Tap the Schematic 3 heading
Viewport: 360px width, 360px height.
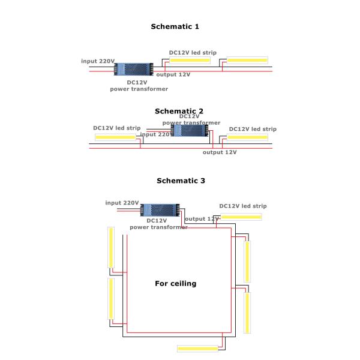click(180, 180)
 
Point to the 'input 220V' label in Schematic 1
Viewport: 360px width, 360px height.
click(98, 61)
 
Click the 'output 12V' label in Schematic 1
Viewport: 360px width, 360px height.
click(173, 74)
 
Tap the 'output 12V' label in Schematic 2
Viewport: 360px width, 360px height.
click(220, 152)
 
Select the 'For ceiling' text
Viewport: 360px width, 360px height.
click(175, 283)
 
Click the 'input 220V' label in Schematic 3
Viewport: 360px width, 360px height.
click(122, 203)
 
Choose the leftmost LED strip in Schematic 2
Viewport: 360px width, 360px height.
click(116, 137)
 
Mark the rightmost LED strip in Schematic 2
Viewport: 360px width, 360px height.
click(248, 137)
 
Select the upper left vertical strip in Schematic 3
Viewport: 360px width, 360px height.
click(111, 247)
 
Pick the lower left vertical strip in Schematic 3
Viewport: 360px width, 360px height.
click(111, 298)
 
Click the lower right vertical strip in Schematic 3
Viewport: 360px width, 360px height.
click(247, 313)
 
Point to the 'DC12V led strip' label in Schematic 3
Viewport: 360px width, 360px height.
click(243, 206)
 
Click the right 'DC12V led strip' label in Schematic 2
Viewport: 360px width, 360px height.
click(253, 129)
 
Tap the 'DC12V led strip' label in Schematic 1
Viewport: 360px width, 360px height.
click(193, 52)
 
